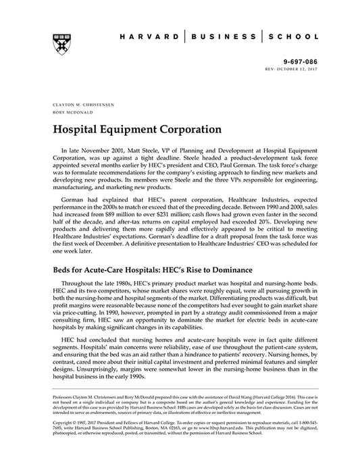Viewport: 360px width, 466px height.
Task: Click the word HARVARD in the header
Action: coord(147,35)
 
